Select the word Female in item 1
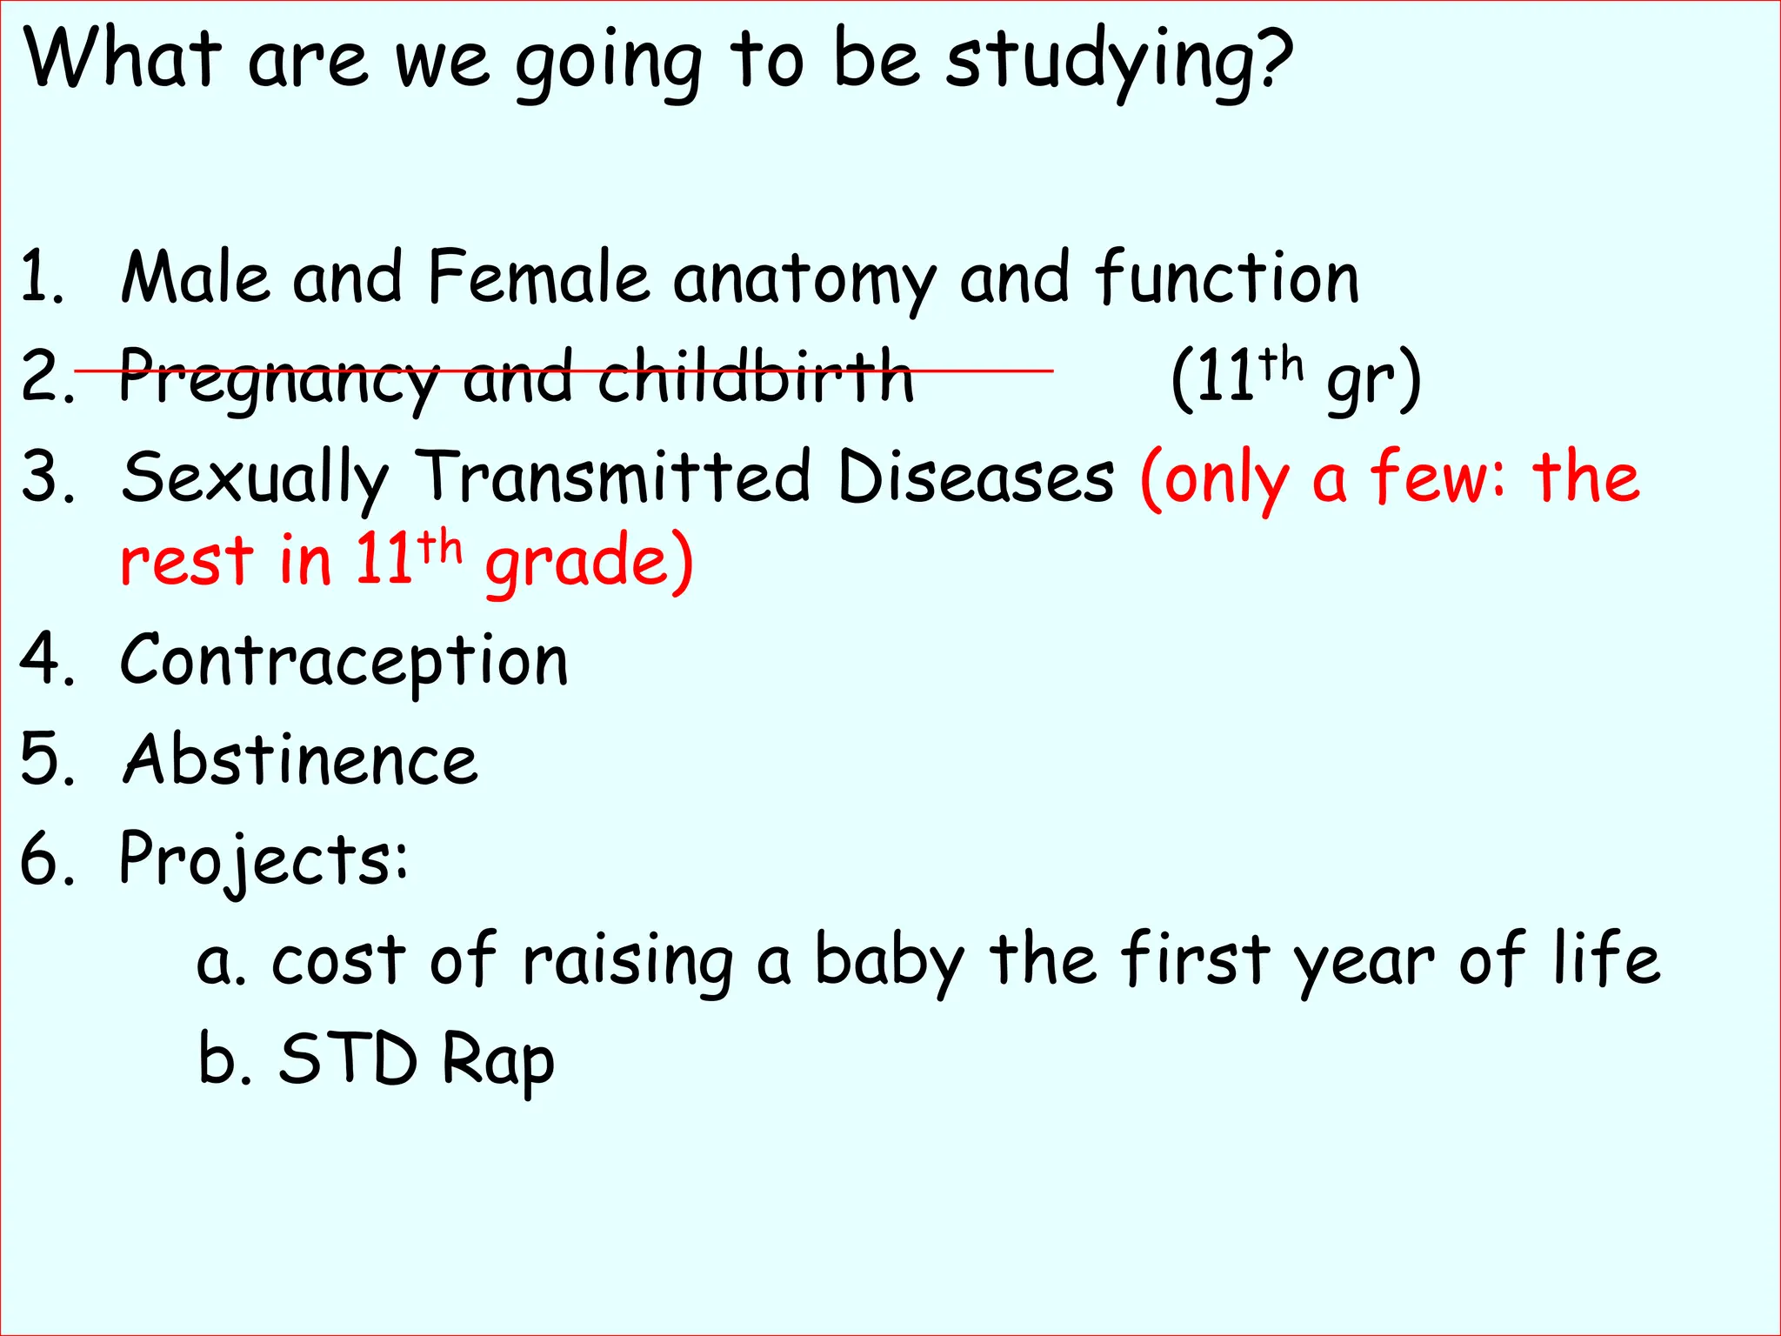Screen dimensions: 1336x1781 coord(538,277)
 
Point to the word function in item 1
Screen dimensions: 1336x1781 coord(1227,277)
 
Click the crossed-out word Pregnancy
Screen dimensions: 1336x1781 coord(278,379)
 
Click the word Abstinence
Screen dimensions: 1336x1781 coord(300,759)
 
